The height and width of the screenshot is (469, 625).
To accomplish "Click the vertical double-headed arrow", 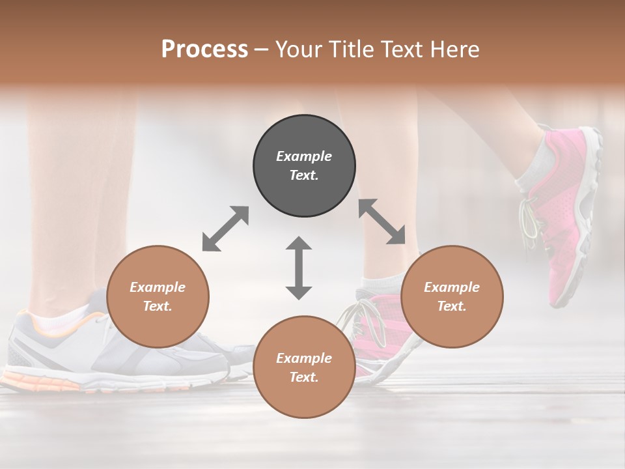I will point(299,268).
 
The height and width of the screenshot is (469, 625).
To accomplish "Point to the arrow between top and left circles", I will point(225,229).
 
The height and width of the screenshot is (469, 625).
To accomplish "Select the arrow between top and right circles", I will point(382,221).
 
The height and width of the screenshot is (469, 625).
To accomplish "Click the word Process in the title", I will point(204,50).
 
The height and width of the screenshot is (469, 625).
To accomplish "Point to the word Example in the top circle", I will point(304,156).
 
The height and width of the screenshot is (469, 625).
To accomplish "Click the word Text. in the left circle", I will point(158,306).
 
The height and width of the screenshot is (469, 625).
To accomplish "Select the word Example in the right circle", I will point(452,287).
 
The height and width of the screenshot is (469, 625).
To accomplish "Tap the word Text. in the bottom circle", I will point(304,377).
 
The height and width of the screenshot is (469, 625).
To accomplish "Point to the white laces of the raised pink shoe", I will point(531,218).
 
